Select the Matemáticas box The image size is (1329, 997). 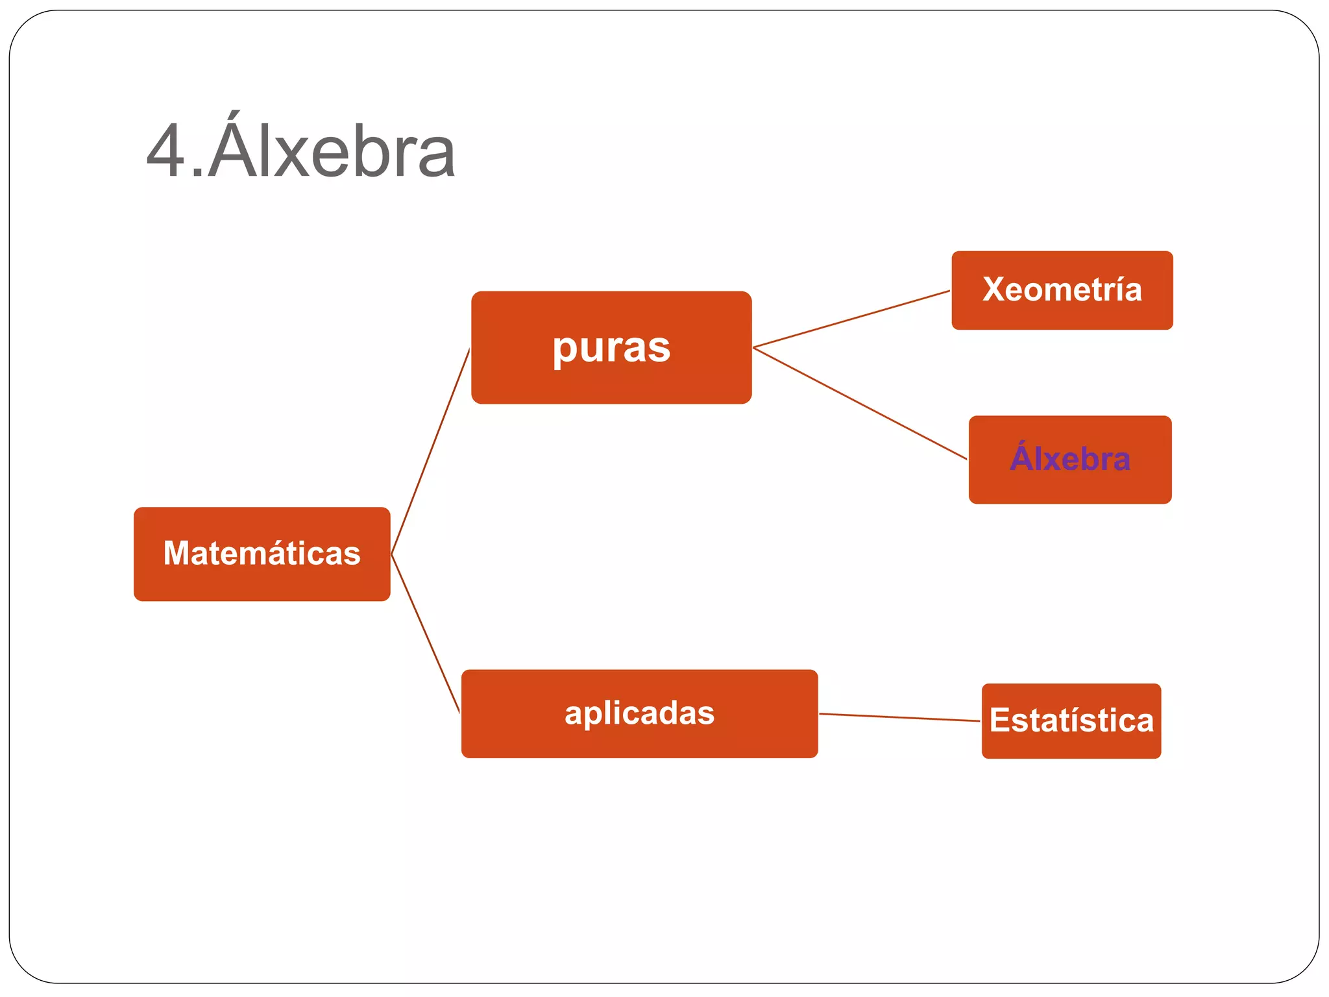click(262, 554)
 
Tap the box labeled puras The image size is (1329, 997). click(611, 347)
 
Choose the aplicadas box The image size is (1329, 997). click(639, 713)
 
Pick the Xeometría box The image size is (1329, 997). click(1062, 290)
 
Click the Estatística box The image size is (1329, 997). click(1071, 720)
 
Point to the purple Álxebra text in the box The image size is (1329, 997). click(1070, 459)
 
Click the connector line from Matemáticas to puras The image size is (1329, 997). click(430, 451)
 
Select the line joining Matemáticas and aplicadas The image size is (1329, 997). click(426, 634)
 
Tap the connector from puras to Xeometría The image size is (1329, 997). click(851, 319)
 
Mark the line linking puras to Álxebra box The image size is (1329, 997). click(860, 403)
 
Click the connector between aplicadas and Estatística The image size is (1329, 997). click(899, 717)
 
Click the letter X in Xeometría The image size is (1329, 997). click(994, 289)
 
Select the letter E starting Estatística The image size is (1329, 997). click(1000, 720)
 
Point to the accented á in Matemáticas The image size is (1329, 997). click(286, 554)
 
